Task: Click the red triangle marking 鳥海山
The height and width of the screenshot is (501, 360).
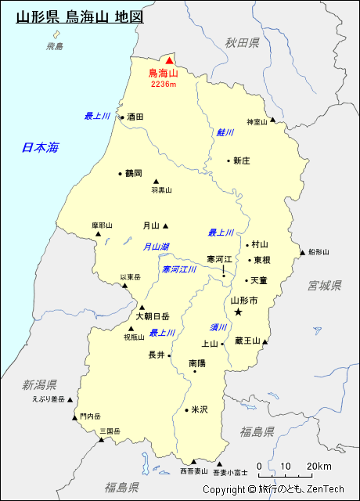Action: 168,59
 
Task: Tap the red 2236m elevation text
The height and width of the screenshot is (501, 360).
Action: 164,84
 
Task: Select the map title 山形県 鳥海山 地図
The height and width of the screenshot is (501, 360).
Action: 80,16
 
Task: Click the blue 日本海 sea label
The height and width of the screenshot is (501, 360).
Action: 41,147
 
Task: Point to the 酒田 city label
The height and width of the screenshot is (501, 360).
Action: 135,117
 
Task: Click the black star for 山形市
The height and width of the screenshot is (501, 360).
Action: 239,312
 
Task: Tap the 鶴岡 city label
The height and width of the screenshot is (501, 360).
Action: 134,173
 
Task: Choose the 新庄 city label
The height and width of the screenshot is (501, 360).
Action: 241,160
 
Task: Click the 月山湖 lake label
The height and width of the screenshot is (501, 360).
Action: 156,246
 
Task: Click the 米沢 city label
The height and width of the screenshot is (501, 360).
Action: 200,409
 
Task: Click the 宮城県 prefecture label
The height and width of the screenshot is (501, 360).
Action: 325,285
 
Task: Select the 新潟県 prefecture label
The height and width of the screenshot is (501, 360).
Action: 39,384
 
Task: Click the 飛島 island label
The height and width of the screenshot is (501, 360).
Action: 55,47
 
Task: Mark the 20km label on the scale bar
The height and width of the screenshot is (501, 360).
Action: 319,467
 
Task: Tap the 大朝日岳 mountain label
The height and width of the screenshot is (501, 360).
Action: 153,316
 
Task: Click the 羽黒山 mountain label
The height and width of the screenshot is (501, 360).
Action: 162,189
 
